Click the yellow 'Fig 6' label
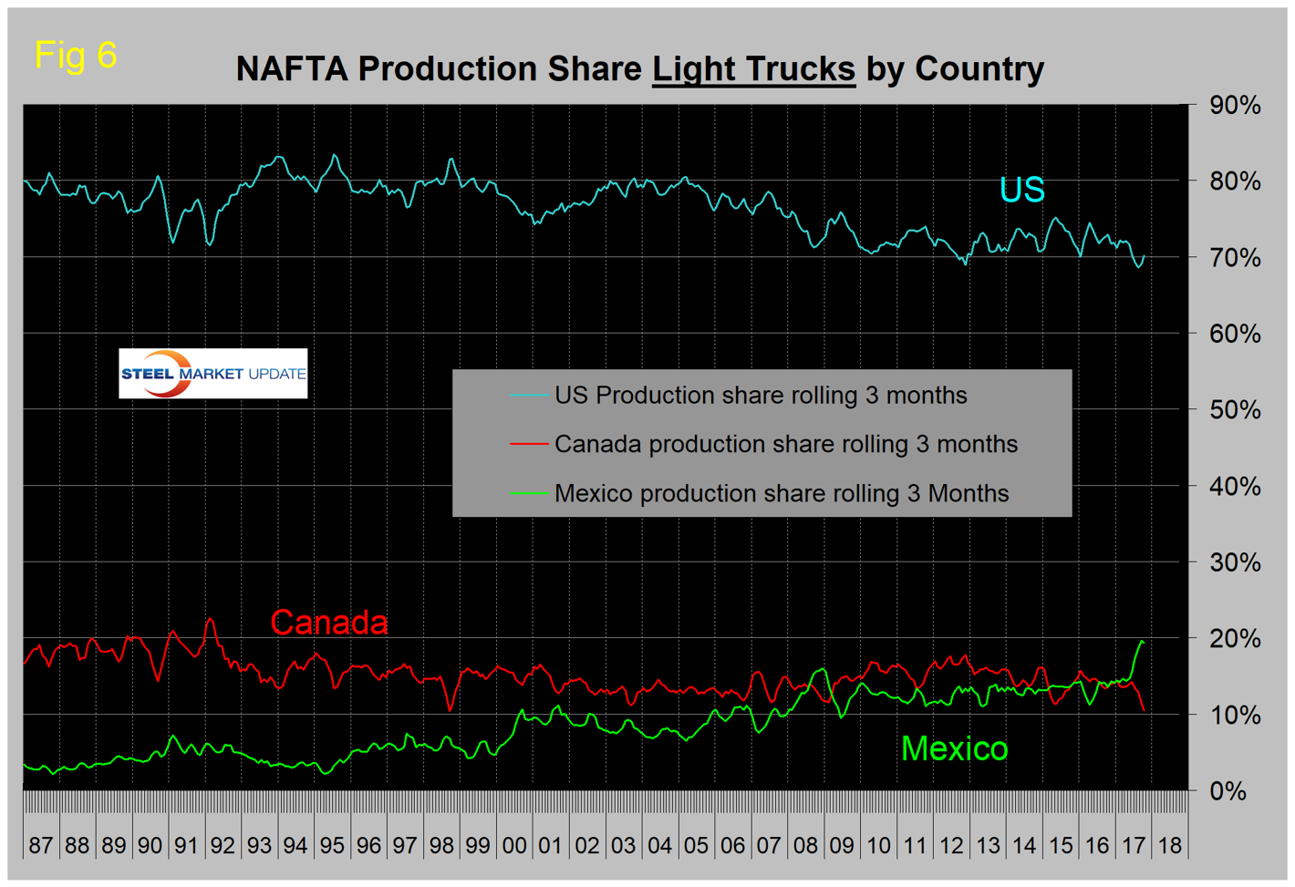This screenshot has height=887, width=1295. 76,55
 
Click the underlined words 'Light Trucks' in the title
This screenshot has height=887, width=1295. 753,69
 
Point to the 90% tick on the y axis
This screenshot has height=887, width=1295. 1235,106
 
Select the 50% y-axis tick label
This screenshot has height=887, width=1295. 1235,410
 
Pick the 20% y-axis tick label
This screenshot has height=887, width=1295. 1235,639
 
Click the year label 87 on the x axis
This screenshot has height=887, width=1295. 41,845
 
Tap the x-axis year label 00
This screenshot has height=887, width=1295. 514,845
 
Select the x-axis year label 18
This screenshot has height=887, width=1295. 1170,845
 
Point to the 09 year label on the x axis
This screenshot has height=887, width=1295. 842,845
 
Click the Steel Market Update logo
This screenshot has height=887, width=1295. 213,374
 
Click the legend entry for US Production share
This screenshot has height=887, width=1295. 761,396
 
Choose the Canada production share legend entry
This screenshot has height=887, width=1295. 785,444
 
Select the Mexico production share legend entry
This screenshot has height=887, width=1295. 782,493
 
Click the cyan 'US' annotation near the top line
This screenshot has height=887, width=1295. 1021,190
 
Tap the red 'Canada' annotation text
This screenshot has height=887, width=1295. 329,623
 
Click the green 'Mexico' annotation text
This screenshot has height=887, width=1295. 954,748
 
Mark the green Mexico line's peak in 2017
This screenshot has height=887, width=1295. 1141,642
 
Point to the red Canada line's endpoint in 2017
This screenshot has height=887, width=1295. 1144,710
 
